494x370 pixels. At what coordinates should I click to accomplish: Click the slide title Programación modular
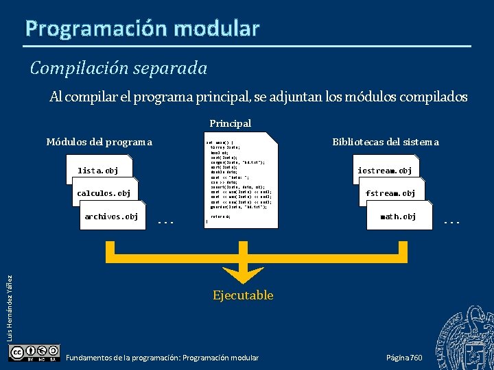[143, 28]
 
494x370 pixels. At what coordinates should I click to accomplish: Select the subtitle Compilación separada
[118, 69]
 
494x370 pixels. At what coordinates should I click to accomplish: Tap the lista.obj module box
[97, 171]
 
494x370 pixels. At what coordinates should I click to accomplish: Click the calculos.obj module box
[104, 193]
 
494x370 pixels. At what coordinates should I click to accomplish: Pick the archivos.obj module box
[110, 217]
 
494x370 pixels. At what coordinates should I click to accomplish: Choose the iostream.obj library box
[385, 171]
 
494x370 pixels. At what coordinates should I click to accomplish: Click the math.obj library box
[398, 217]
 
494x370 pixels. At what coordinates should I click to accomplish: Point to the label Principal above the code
[230, 123]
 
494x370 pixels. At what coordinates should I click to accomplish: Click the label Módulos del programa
[99, 142]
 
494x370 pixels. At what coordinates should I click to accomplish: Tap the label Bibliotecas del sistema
[385, 142]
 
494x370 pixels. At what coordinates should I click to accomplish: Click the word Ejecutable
[243, 295]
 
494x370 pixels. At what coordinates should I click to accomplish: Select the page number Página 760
[404, 358]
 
